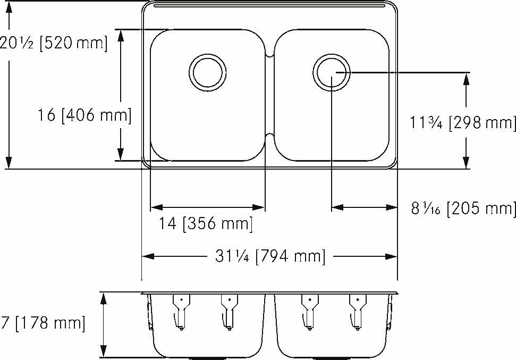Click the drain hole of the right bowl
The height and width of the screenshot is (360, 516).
point(331,72)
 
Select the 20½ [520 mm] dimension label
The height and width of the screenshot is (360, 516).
point(53,43)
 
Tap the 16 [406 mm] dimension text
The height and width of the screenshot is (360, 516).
point(84,114)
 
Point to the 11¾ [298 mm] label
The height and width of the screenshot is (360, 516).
point(462,123)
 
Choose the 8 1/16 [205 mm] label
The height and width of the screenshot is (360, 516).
point(463,208)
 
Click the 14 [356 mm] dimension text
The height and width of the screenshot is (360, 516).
point(206,224)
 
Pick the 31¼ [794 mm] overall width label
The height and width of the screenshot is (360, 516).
point(269,257)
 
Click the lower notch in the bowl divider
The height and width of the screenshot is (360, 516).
point(269,136)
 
